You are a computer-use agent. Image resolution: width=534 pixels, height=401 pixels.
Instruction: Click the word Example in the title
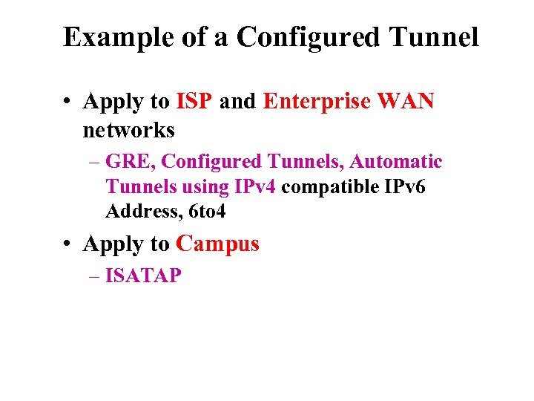(110, 37)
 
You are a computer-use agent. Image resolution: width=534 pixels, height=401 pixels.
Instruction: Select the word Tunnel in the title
(436, 37)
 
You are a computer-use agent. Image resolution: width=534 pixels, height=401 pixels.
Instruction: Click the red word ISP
(195, 102)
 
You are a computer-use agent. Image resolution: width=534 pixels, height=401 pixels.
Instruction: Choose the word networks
(128, 131)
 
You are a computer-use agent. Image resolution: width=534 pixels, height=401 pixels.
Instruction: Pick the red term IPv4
(255, 186)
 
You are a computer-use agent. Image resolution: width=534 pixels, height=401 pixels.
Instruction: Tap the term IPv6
(406, 186)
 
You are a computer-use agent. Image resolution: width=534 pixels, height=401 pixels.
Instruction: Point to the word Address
(144, 212)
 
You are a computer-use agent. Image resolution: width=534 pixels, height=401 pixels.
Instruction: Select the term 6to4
(208, 212)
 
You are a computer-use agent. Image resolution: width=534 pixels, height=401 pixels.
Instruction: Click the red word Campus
(218, 244)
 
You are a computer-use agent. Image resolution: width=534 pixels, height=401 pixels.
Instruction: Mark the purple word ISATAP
(143, 276)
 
